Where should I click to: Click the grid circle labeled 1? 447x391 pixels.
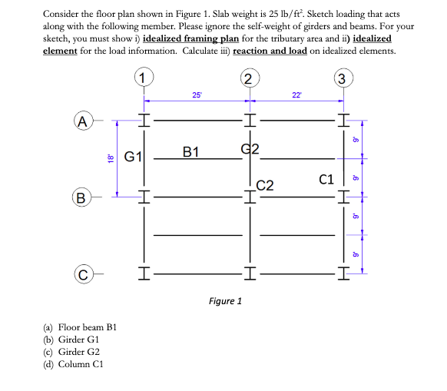click(x=142, y=77)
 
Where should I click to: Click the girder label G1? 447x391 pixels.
click(x=133, y=158)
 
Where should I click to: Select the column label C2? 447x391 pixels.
click(x=265, y=185)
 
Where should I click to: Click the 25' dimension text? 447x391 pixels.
click(x=197, y=94)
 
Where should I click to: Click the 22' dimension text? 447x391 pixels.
click(x=296, y=94)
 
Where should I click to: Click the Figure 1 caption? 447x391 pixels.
click(x=225, y=300)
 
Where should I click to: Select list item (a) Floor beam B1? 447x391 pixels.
click(x=80, y=327)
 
